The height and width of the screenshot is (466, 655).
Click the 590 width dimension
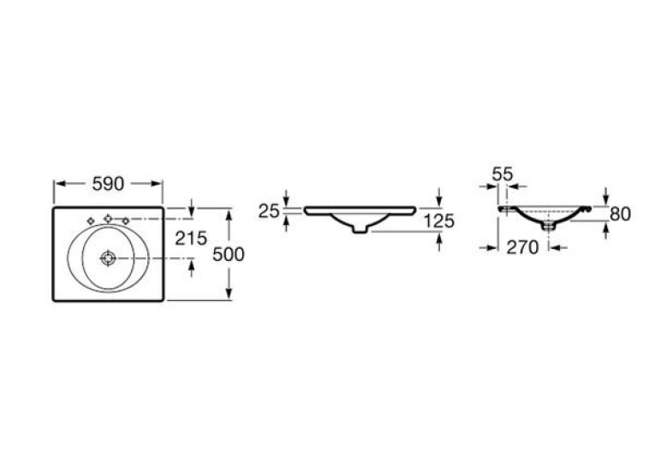coord(108,184)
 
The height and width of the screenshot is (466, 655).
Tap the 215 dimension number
coord(191,239)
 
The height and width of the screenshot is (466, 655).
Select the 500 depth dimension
coord(228,255)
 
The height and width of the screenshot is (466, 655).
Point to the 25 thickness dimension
coord(269,211)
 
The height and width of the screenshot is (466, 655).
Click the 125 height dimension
coord(439,221)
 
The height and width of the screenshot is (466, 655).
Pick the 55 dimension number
coord(502,174)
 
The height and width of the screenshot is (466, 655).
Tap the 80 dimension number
coord(621,214)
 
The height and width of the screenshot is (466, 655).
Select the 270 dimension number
coord(522,248)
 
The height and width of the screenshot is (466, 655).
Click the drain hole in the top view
coord(108,259)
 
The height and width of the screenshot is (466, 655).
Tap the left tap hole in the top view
coord(91,221)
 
